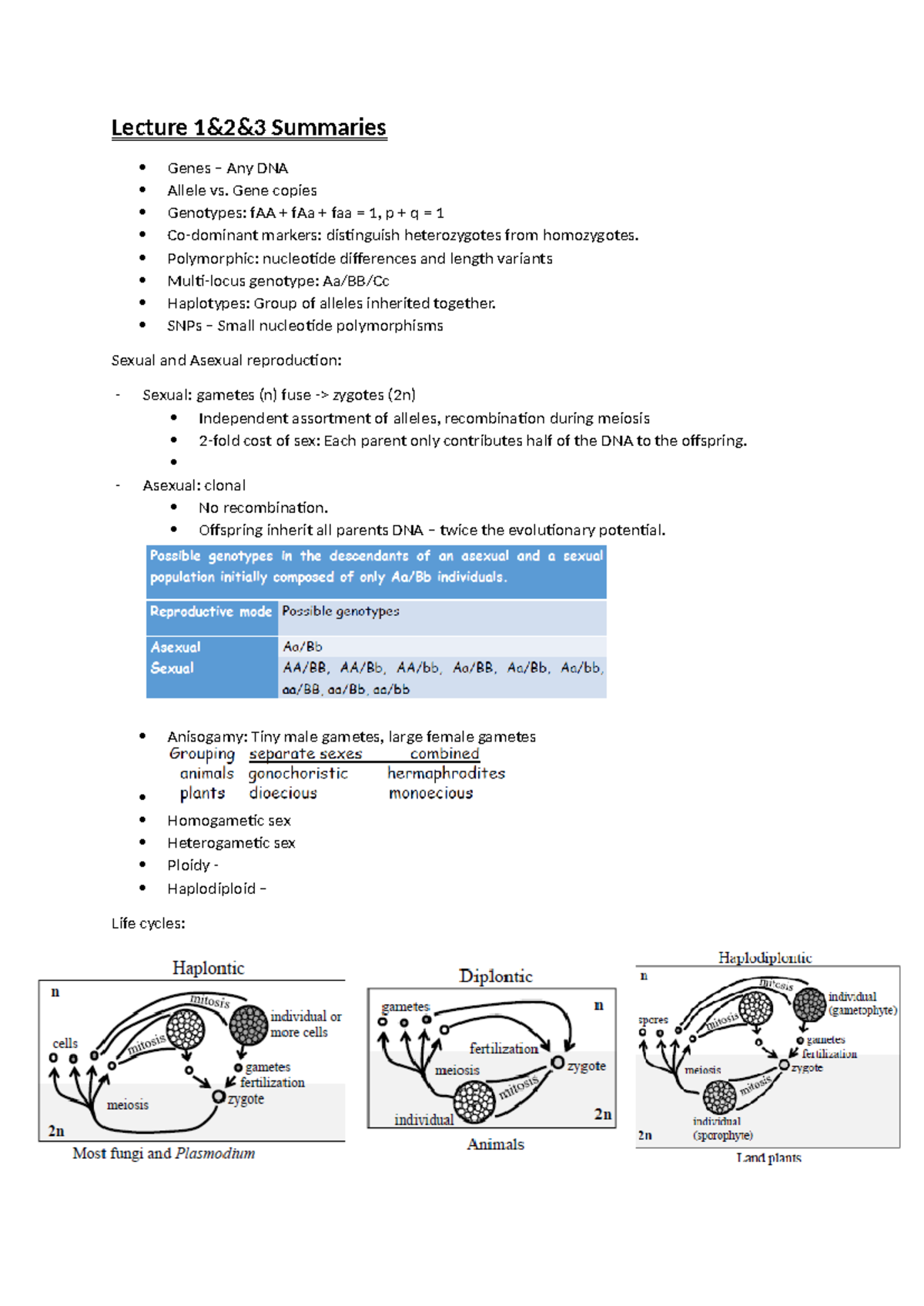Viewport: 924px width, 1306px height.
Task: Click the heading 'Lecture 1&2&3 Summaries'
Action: point(249,127)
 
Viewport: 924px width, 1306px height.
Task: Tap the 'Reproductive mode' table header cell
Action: point(211,611)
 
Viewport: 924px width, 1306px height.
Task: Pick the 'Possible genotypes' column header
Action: point(340,611)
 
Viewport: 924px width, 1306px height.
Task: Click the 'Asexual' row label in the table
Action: point(176,648)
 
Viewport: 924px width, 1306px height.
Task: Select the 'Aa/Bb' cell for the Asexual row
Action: point(303,647)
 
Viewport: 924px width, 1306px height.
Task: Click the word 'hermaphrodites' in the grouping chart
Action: point(446,773)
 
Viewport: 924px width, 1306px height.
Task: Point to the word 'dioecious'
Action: point(283,793)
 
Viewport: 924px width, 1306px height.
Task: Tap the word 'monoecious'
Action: point(430,793)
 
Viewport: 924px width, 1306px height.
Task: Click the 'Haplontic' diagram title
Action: point(208,968)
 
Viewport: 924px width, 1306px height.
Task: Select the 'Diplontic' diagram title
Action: point(496,976)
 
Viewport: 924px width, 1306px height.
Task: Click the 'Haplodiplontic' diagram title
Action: point(765,958)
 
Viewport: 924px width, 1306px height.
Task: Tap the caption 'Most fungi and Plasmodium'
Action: point(164,1154)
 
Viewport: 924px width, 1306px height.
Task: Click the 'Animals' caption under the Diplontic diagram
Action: point(495,1144)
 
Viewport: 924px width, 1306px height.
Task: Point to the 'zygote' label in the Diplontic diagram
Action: point(586,1066)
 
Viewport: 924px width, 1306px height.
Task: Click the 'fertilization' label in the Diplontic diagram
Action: point(504,1049)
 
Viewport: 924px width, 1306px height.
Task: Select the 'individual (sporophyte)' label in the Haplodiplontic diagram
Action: point(721,1128)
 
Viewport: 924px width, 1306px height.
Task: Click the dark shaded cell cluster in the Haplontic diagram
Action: point(248,1025)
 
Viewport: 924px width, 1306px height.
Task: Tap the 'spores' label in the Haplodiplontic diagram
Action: point(653,1020)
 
